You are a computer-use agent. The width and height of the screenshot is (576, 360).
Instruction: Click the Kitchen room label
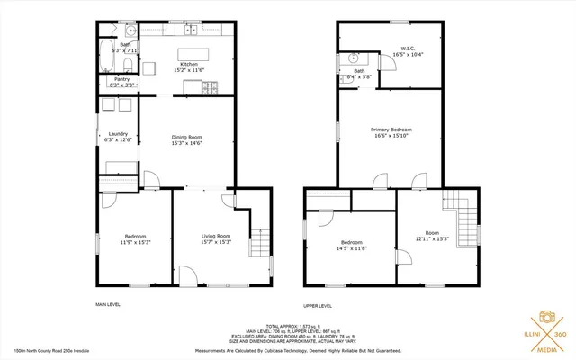pyautogui.click(x=189, y=67)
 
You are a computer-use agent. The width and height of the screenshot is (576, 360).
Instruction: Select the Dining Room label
pyautogui.click(x=187, y=139)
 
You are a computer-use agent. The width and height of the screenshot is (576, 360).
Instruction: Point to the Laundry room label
pyautogui.click(x=118, y=137)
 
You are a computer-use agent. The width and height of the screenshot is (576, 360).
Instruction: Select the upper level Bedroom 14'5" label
pyautogui.click(x=352, y=246)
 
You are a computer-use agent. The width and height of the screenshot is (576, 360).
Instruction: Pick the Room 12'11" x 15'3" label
pyautogui.click(x=432, y=236)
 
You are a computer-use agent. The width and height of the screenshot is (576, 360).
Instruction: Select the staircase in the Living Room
pyautogui.click(x=259, y=238)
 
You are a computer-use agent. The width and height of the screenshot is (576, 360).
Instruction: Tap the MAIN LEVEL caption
pyautogui.click(x=108, y=305)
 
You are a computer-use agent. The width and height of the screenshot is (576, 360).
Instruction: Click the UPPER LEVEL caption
pyautogui.click(x=318, y=306)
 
